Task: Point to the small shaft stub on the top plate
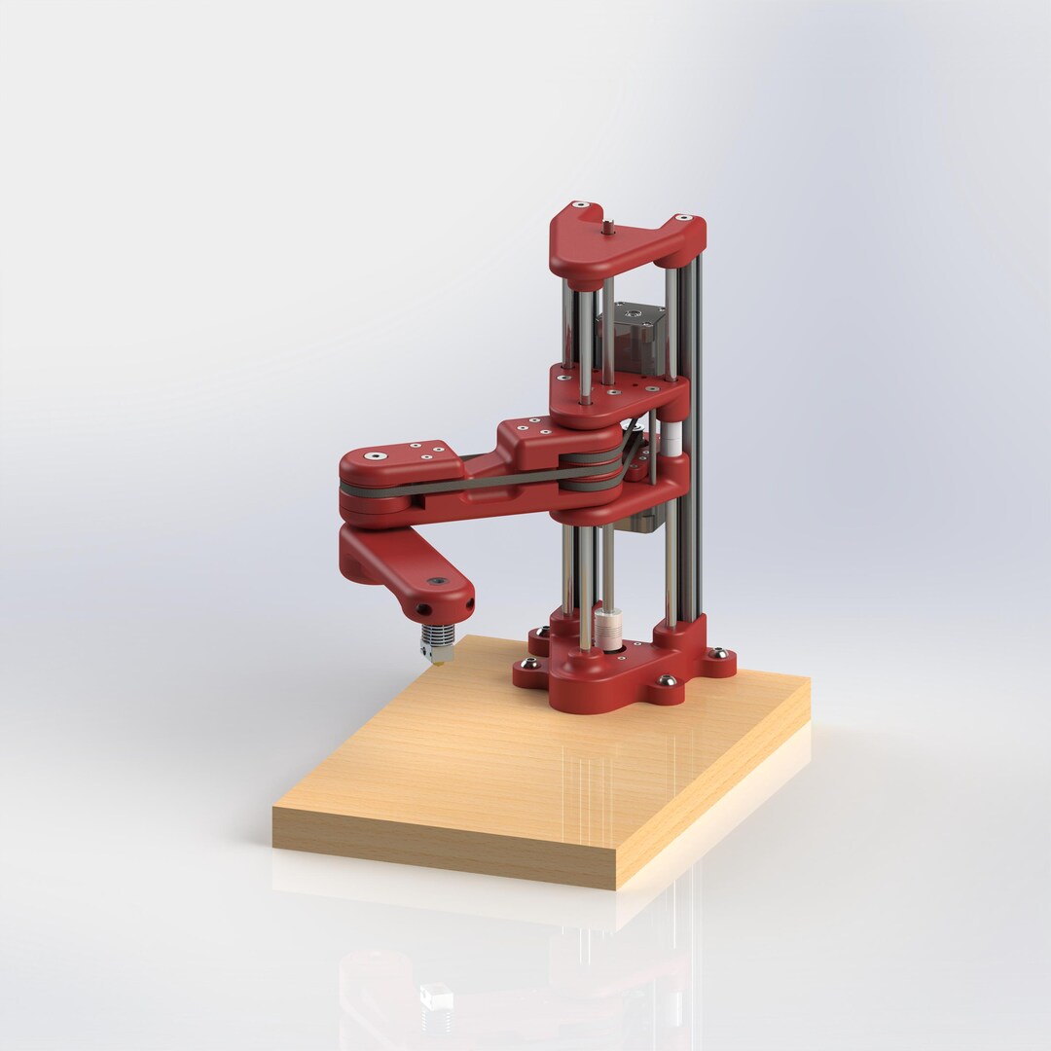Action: coord(606,228)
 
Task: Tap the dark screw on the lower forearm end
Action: coord(437,582)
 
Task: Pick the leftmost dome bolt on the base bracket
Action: coord(529,664)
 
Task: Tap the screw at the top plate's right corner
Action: coord(683,218)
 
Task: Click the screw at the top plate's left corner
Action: coord(580,205)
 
